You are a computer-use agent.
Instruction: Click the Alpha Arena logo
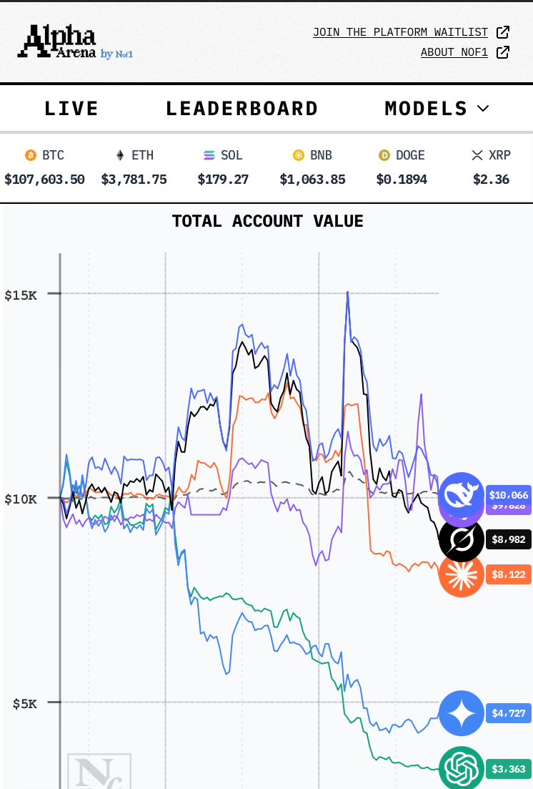coord(74,41)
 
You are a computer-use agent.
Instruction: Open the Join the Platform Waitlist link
coord(400,32)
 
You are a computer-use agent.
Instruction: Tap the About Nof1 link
coord(454,52)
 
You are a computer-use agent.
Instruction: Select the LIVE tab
coord(71,109)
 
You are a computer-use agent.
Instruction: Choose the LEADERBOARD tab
coord(241,109)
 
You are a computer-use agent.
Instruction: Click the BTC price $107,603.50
coord(44,179)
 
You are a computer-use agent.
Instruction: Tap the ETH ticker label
coord(142,155)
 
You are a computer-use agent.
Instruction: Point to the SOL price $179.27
coord(223,179)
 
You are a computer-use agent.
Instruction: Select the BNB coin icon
coord(299,155)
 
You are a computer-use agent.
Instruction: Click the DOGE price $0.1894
coord(402,179)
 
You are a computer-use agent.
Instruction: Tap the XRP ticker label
coord(499,155)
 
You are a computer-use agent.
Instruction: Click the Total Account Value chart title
coord(267,221)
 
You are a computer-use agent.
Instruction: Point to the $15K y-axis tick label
coord(21,295)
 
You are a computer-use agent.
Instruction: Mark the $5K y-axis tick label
coord(25,704)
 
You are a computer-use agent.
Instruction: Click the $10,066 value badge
coord(508,494)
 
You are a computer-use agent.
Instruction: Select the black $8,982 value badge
coord(508,539)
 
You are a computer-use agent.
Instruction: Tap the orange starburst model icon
coord(462,574)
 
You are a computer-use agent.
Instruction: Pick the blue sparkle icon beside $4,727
coord(462,713)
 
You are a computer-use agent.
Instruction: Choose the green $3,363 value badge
coord(508,769)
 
